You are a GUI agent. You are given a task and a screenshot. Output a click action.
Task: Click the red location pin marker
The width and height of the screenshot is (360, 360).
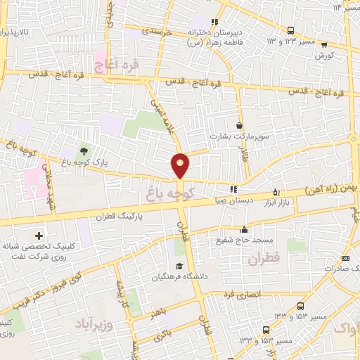tap(181, 165)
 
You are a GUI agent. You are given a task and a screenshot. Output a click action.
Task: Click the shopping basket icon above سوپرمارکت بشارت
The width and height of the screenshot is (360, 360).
tap(240, 125)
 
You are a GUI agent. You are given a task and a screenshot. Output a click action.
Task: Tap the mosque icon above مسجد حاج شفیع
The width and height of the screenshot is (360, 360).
tap(244, 229)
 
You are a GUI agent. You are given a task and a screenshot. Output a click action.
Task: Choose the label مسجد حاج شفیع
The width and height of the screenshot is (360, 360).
tap(243, 240)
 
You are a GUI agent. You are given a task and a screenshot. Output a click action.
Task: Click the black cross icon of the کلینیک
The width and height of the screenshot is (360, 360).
tap(39, 236)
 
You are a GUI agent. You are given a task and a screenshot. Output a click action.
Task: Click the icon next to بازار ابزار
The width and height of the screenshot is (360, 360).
tap(276, 191)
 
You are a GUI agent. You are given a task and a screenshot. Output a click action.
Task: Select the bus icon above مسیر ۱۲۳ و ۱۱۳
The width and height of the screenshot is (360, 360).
tap(291, 30)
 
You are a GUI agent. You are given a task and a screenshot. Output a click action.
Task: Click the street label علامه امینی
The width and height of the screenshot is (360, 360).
tap(162, 115)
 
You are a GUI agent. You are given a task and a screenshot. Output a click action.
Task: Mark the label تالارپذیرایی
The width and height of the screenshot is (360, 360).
tap(14, 32)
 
